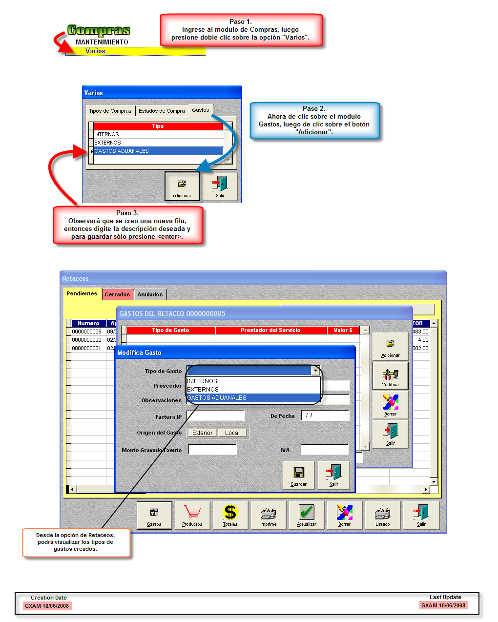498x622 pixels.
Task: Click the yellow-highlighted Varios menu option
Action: [95, 51]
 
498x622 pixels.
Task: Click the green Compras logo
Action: [99, 30]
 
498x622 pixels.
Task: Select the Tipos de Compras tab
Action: [110, 111]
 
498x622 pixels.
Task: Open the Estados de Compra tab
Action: [162, 111]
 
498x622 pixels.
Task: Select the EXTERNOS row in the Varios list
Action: [108, 143]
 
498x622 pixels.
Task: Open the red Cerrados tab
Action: [117, 294]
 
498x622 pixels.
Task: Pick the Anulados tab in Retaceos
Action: [150, 294]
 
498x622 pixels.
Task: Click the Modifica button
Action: [390, 376]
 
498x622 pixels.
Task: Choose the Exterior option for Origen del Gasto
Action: [202, 433]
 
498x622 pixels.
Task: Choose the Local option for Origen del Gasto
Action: [232, 433]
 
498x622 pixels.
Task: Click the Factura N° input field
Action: [215, 416]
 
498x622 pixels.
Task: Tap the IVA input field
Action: [325, 450]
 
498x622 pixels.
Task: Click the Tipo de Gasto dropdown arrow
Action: [315, 371]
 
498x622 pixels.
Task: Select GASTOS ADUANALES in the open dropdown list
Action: [217, 398]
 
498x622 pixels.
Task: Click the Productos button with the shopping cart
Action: [192, 515]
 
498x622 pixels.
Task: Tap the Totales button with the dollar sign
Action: [230, 515]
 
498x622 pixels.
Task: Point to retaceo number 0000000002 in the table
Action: [86, 340]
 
